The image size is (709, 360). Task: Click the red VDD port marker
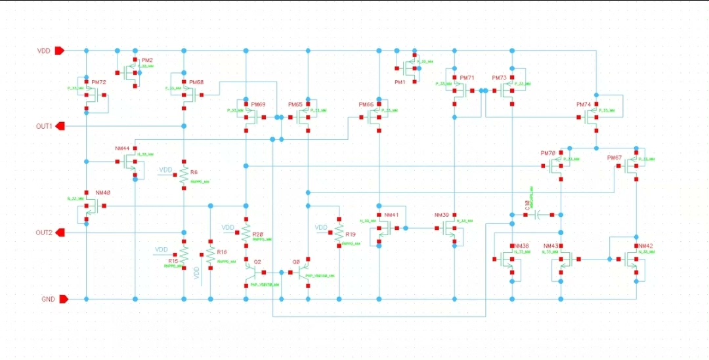click(x=58, y=51)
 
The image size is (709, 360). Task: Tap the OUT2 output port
click(x=58, y=233)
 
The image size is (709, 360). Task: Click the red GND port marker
click(x=64, y=300)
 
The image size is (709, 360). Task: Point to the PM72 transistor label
click(x=98, y=82)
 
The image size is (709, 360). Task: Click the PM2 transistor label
click(x=147, y=60)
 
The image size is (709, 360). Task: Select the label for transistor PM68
click(x=196, y=82)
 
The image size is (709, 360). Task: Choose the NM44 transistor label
click(x=123, y=148)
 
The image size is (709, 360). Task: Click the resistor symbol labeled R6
click(x=184, y=175)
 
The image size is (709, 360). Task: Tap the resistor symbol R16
click(x=210, y=255)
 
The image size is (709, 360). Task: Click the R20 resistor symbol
click(x=246, y=233)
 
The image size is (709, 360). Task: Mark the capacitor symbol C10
click(x=537, y=214)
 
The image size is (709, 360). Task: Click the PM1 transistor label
click(x=400, y=82)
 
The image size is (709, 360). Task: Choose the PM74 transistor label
click(x=584, y=104)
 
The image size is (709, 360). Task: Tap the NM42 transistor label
click(x=645, y=246)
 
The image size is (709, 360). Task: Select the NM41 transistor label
click(x=391, y=215)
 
